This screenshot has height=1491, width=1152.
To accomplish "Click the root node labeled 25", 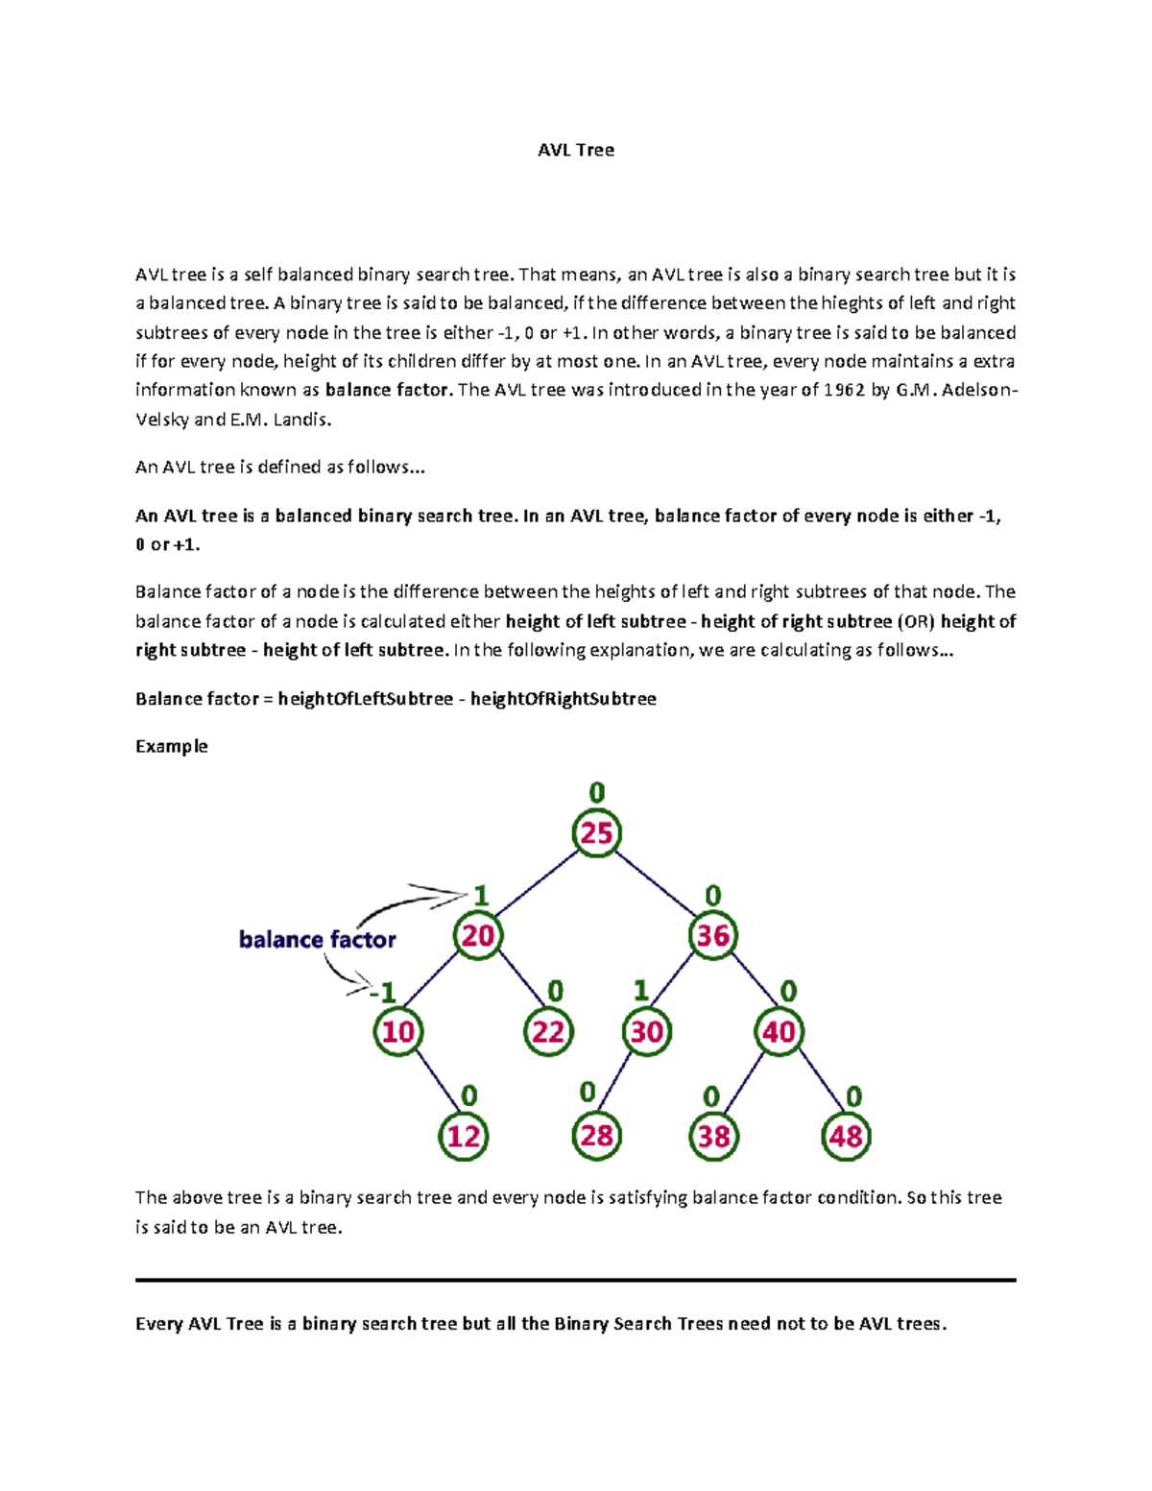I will click(x=596, y=833).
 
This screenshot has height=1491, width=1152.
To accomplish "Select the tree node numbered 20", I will click(x=478, y=936).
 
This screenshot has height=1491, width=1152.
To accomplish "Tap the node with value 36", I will click(x=712, y=936).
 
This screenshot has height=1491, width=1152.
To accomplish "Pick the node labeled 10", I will click(x=397, y=1032).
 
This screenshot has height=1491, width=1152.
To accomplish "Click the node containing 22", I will click(x=548, y=1032).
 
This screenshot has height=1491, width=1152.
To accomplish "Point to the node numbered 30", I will click(x=646, y=1032).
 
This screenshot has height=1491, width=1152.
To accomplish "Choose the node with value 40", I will click(x=779, y=1032).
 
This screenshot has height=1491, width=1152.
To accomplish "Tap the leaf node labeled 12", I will click(x=464, y=1137).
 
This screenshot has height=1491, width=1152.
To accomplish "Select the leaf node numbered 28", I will click(x=596, y=1137).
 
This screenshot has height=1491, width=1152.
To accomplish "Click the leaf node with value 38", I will click(x=713, y=1137).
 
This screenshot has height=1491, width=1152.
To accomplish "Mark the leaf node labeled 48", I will click(x=846, y=1137).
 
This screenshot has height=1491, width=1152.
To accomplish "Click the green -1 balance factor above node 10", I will click(x=384, y=992).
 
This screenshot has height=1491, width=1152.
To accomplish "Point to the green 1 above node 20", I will click(x=481, y=896).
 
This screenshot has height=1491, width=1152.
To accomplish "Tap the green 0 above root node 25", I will click(x=596, y=793).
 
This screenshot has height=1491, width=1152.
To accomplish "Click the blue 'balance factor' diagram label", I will click(x=317, y=940).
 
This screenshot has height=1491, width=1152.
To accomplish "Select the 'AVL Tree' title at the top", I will click(x=576, y=150).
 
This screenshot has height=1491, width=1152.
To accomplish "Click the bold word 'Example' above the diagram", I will click(x=172, y=746).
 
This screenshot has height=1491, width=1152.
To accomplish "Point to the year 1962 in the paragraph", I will click(x=845, y=390).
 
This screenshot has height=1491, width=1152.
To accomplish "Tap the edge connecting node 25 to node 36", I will click(x=655, y=884).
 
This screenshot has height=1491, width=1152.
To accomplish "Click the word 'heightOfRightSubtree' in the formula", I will click(x=563, y=699).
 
